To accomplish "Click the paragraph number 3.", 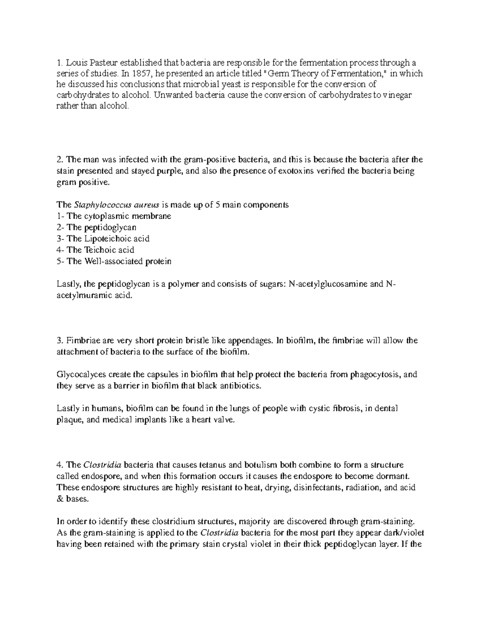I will pos(60,341).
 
